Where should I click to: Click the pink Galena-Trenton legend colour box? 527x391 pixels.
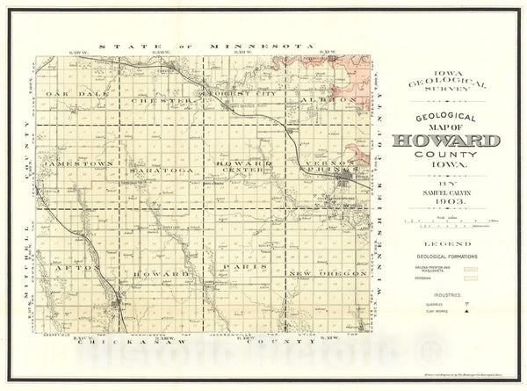click(473, 267)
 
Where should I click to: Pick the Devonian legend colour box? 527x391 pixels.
click(473, 278)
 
